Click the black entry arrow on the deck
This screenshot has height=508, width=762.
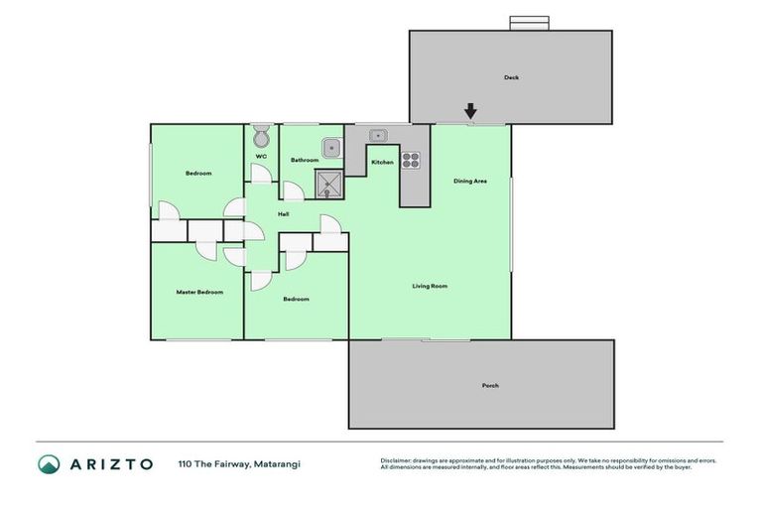(x=470, y=111)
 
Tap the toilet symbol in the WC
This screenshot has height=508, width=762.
(x=262, y=137)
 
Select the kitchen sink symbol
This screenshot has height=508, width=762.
(x=379, y=136)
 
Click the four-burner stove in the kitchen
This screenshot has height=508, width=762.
(x=411, y=160)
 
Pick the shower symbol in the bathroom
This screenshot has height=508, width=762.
(x=327, y=184)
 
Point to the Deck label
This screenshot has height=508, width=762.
(x=511, y=77)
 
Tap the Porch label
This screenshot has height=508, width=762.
(x=490, y=385)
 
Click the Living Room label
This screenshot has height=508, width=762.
(x=430, y=286)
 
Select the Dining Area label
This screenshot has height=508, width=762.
(x=469, y=181)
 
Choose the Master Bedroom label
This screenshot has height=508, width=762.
(x=199, y=292)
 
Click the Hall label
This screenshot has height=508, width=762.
(x=283, y=214)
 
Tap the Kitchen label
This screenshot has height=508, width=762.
(x=382, y=162)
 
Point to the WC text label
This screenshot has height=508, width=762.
(x=261, y=157)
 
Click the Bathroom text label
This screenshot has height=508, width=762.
(x=304, y=160)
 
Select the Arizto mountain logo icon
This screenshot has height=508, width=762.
(x=49, y=464)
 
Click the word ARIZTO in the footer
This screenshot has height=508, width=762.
(x=111, y=464)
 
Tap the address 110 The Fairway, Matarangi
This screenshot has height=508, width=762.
(x=239, y=464)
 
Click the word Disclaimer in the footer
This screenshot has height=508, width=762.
(x=397, y=460)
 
